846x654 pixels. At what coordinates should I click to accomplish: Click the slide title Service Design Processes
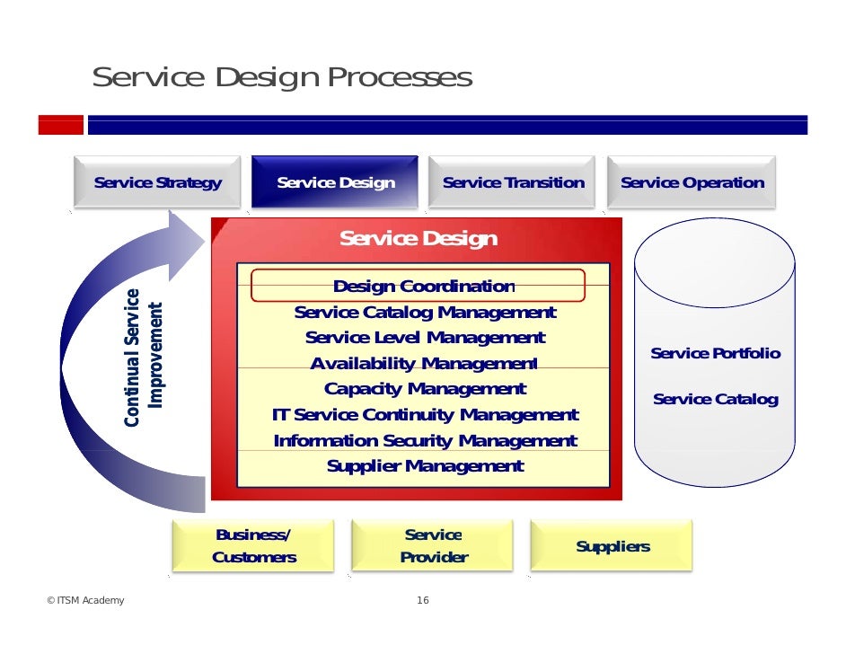click(282, 78)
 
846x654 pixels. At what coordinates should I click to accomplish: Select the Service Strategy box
click(158, 183)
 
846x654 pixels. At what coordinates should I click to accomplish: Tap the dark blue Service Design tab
click(335, 183)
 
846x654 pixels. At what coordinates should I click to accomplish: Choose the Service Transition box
click(513, 183)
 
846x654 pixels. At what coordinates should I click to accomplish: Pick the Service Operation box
click(692, 183)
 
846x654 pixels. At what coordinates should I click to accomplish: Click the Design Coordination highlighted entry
click(419, 287)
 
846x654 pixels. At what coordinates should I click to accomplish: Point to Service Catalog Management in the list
click(425, 313)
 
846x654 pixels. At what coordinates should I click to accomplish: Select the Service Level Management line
click(425, 338)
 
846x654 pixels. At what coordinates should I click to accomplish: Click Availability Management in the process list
click(423, 364)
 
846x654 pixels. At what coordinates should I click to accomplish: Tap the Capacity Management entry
click(425, 389)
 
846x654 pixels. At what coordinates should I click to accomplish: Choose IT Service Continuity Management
click(425, 415)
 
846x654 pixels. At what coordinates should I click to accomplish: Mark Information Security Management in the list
click(425, 441)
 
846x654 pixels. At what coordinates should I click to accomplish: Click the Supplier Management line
click(425, 466)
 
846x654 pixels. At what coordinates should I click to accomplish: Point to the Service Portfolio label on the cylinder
click(715, 354)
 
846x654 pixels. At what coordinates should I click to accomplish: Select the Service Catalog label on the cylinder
click(715, 399)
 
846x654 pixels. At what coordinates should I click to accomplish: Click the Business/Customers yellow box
click(253, 546)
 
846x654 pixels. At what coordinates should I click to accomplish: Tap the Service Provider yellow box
click(433, 546)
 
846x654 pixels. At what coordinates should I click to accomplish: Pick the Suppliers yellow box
click(612, 546)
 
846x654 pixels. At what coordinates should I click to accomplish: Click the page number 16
click(423, 601)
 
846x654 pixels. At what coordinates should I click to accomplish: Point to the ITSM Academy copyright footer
click(85, 601)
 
